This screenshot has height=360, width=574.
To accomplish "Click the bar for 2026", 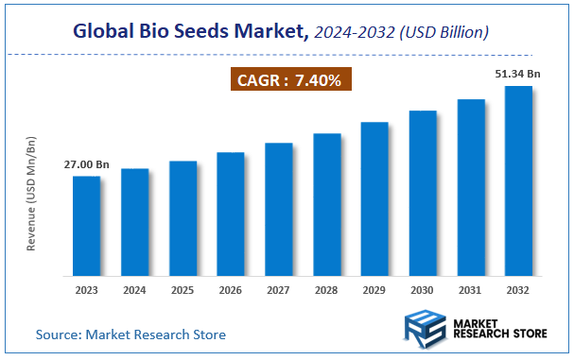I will click(230, 213).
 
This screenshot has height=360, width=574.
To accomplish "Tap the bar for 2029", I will click(374, 197).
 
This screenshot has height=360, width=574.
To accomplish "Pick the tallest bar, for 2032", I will click(518, 180).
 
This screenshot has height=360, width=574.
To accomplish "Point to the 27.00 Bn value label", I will click(86, 164).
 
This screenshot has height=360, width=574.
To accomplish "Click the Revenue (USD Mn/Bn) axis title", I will click(30, 195).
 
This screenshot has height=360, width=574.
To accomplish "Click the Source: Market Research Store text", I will click(130, 334).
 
